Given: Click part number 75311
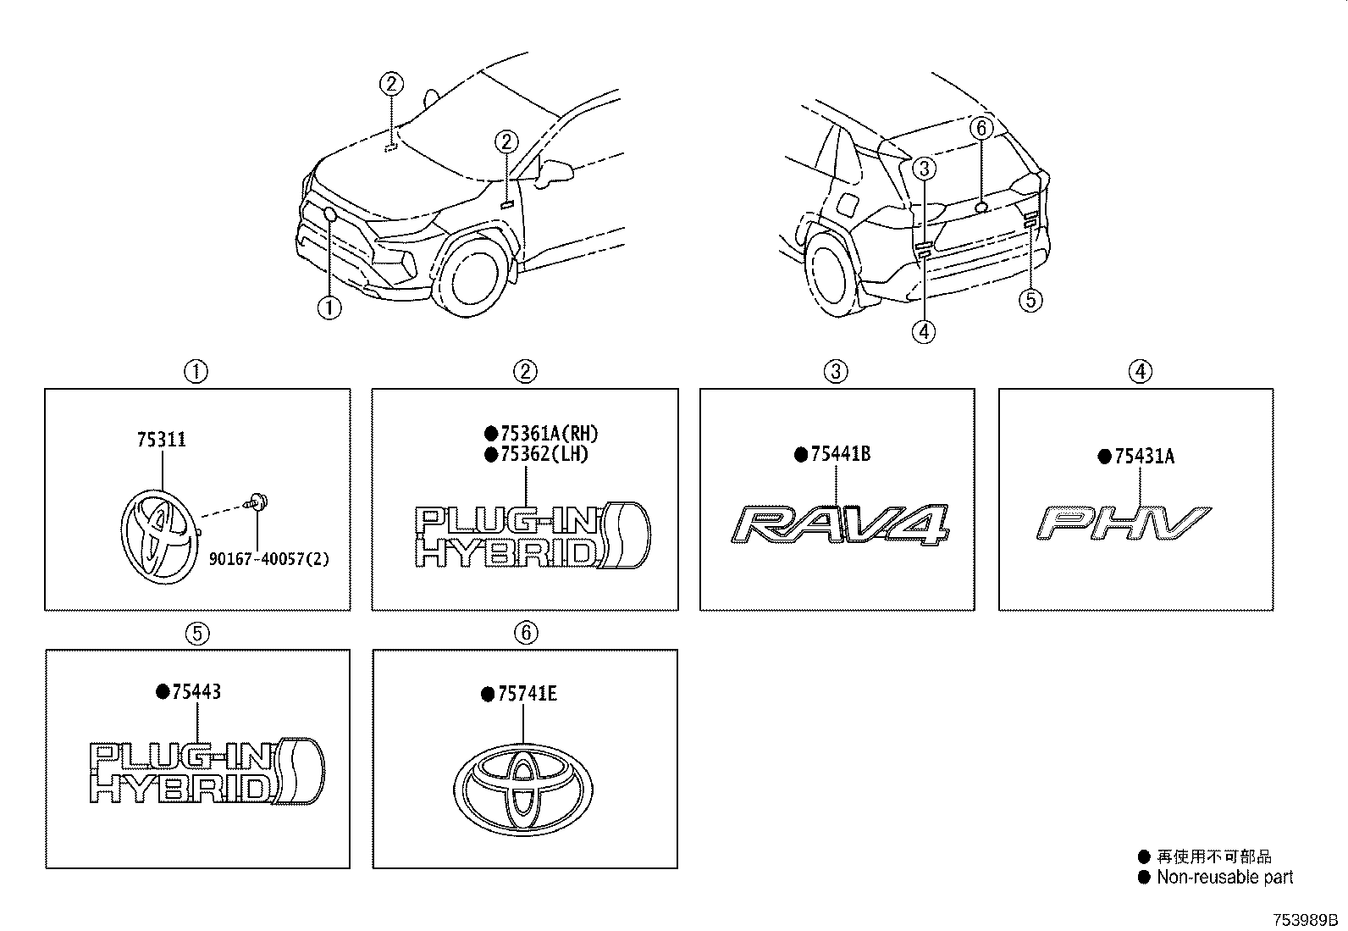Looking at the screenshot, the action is click(161, 440).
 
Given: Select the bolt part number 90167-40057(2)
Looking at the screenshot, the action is click(269, 559).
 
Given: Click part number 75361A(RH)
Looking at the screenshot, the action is click(550, 434).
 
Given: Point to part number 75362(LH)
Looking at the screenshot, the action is click(544, 454).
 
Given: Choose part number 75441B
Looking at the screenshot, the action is click(840, 454).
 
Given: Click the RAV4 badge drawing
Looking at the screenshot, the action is click(840, 524).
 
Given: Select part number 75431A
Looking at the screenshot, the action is click(1144, 457).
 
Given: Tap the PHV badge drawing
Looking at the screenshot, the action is click(1124, 523).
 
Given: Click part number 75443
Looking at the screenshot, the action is click(196, 692).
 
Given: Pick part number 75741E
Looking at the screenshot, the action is click(528, 695).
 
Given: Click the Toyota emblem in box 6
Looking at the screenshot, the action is click(523, 790).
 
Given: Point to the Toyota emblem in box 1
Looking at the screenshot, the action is click(159, 536).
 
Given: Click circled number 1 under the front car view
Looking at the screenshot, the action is click(329, 308).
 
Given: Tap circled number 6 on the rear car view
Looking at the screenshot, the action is click(981, 128).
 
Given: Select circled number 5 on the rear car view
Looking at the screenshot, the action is click(1030, 300).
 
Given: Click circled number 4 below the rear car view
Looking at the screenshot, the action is click(924, 331).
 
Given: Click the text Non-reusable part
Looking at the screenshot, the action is click(1224, 878).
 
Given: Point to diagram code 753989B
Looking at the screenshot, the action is click(1305, 920).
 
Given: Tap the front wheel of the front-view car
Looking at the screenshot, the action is click(472, 276).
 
